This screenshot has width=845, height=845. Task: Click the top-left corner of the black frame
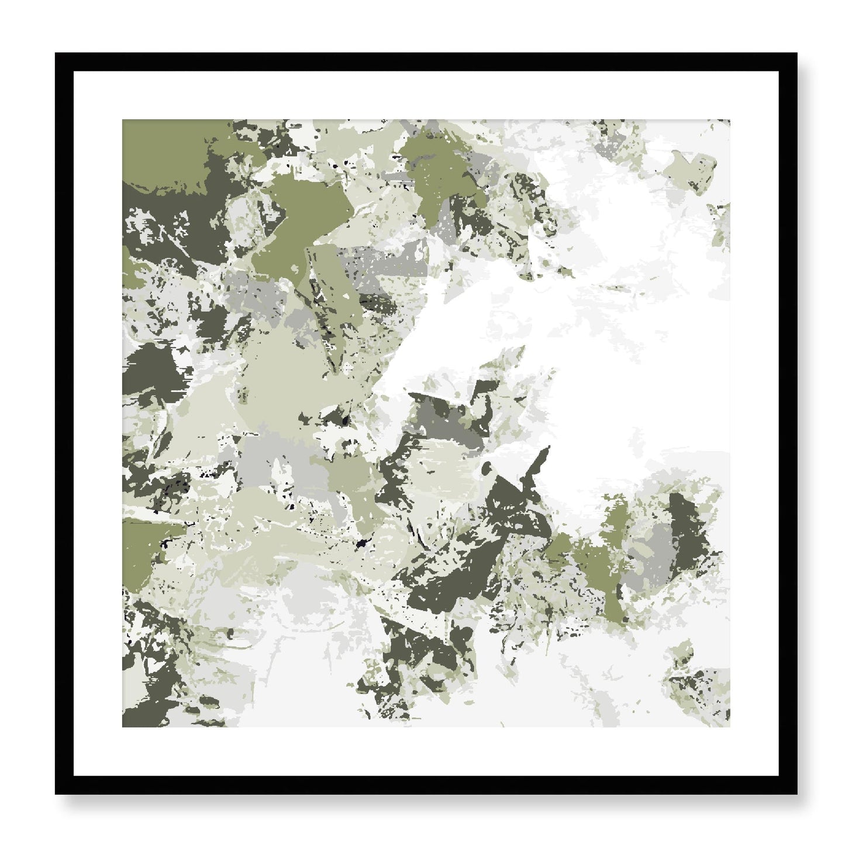click(57, 54)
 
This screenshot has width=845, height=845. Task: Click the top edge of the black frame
click(426, 62)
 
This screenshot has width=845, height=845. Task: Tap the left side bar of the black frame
click(64, 423)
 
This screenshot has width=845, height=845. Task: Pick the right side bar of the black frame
click(788, 423)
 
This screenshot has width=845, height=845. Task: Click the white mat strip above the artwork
click(426, 95)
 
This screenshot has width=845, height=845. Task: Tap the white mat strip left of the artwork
click(98, 423)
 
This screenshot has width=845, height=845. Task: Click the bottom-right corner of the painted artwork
click(729, 726)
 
